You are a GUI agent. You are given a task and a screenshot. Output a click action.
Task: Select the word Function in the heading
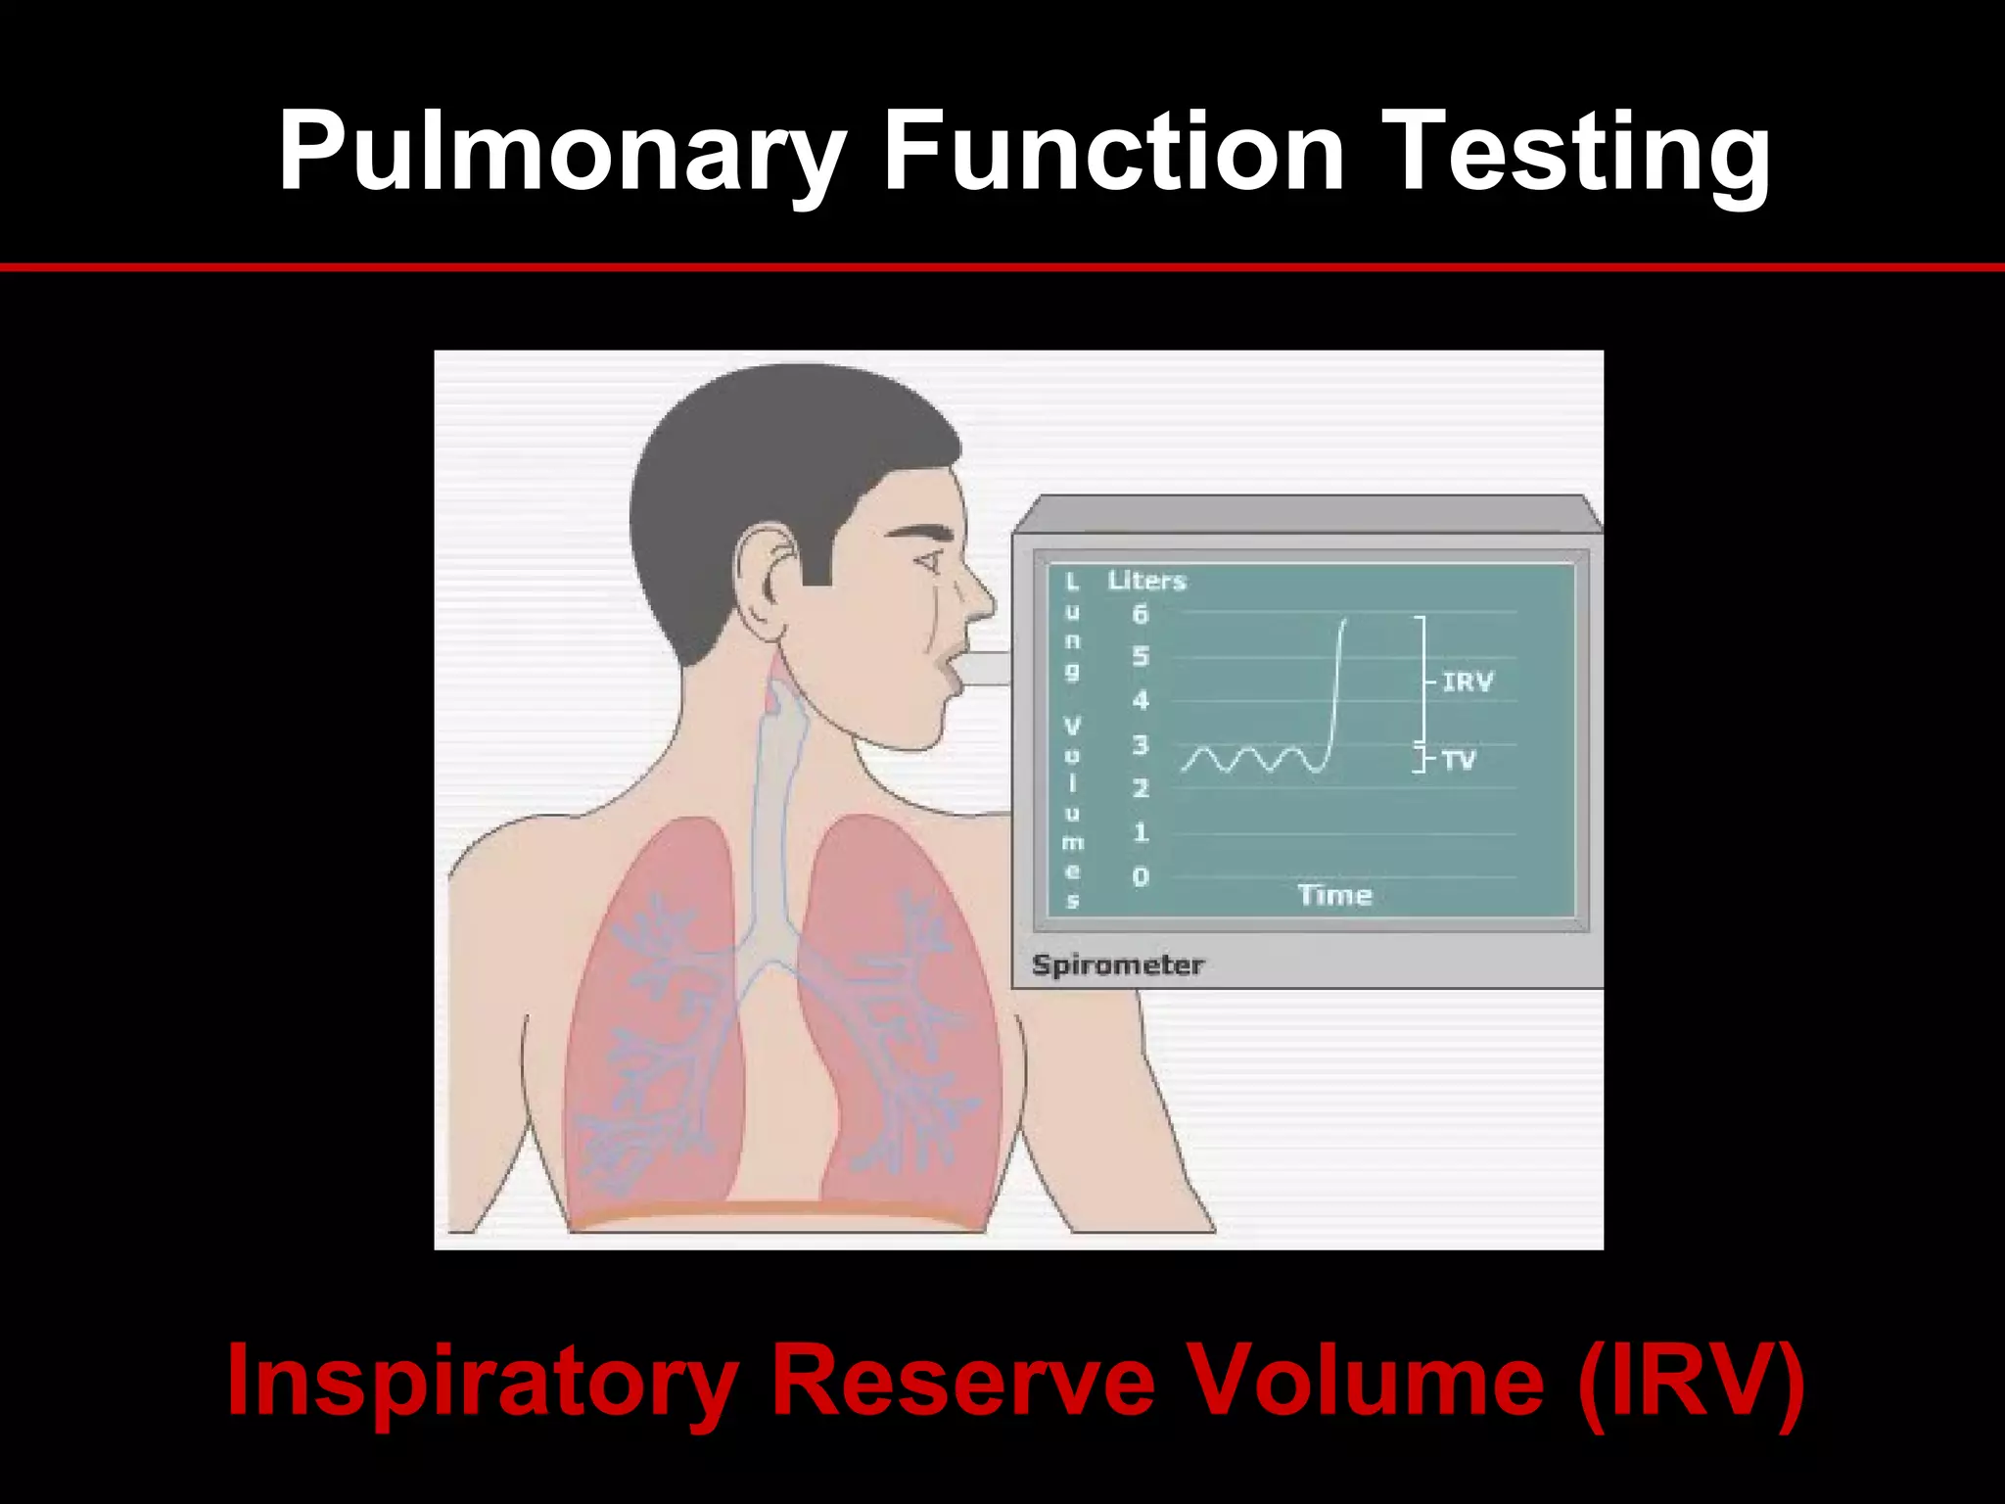pyautogui.click(x=1113, y=152)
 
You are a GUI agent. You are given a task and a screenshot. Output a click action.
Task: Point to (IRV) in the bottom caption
pyautogui.click(x=1691, y=1381)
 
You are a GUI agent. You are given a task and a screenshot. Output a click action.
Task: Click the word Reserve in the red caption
pyautogui.click(x=963, y=1381)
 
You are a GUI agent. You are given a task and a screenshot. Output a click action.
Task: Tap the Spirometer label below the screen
pyautogui.click(x=1117, y=965)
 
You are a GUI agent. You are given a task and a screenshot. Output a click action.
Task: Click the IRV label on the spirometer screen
pyautogui.click(x=1467, y=681)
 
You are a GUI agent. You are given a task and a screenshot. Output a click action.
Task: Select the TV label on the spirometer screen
pyautogui.click(x=1458, y=760)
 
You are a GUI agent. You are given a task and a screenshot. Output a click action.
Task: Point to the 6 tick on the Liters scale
pyautogui.click(x=1140, y=615)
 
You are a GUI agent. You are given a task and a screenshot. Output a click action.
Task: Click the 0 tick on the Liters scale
pyautogui.click(x=1140, y=877)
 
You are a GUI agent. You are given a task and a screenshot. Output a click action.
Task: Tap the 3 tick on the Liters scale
pyautogui.click(x=1140, y=745)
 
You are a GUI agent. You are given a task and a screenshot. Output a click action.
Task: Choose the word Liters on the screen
pyautogui.click(x=1146, y=581)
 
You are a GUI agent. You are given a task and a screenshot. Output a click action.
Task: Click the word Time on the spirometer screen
pyautogui.click(x=1334, y=895)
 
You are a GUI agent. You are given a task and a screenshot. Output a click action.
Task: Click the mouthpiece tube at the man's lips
pyautogui.click(x=983, y=669)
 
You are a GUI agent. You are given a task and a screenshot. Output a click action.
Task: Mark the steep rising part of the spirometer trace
pyautogui.click(x=1335, y=685)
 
